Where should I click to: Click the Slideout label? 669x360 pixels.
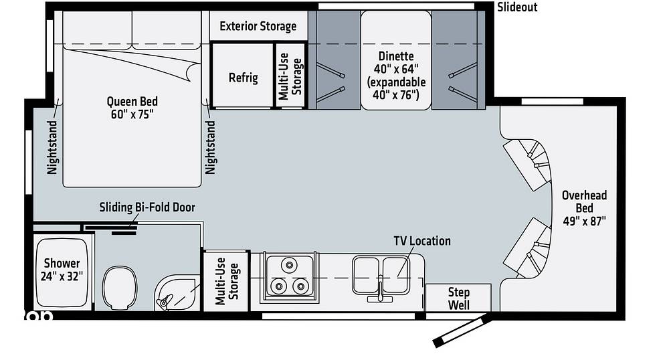pos(517,7)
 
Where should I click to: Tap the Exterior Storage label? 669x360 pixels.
pos(258,27)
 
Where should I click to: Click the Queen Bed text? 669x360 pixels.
pos(132,102)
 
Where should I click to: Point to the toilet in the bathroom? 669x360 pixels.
pos(120,287)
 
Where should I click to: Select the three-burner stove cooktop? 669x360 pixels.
pos(289,276)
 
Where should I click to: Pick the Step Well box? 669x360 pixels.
pos(459,298)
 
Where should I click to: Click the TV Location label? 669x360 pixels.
pos(422,241)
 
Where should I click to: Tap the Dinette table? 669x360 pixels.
pos(396,60)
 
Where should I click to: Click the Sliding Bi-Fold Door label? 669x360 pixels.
pos(147,207)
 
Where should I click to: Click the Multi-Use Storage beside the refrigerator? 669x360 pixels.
pos(290,76)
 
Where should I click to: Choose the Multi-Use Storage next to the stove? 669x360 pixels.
pos(227,281)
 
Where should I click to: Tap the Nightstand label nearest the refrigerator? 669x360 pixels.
pos(210,147)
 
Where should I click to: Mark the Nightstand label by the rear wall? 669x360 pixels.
pos(52,147)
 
